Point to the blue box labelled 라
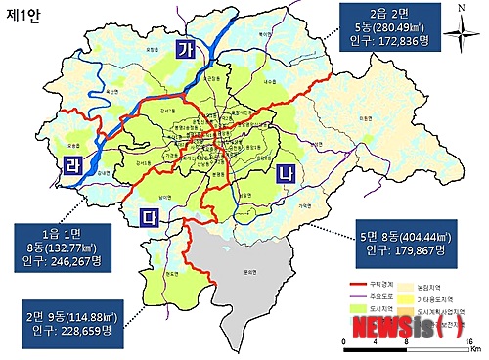tap(71, 162)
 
